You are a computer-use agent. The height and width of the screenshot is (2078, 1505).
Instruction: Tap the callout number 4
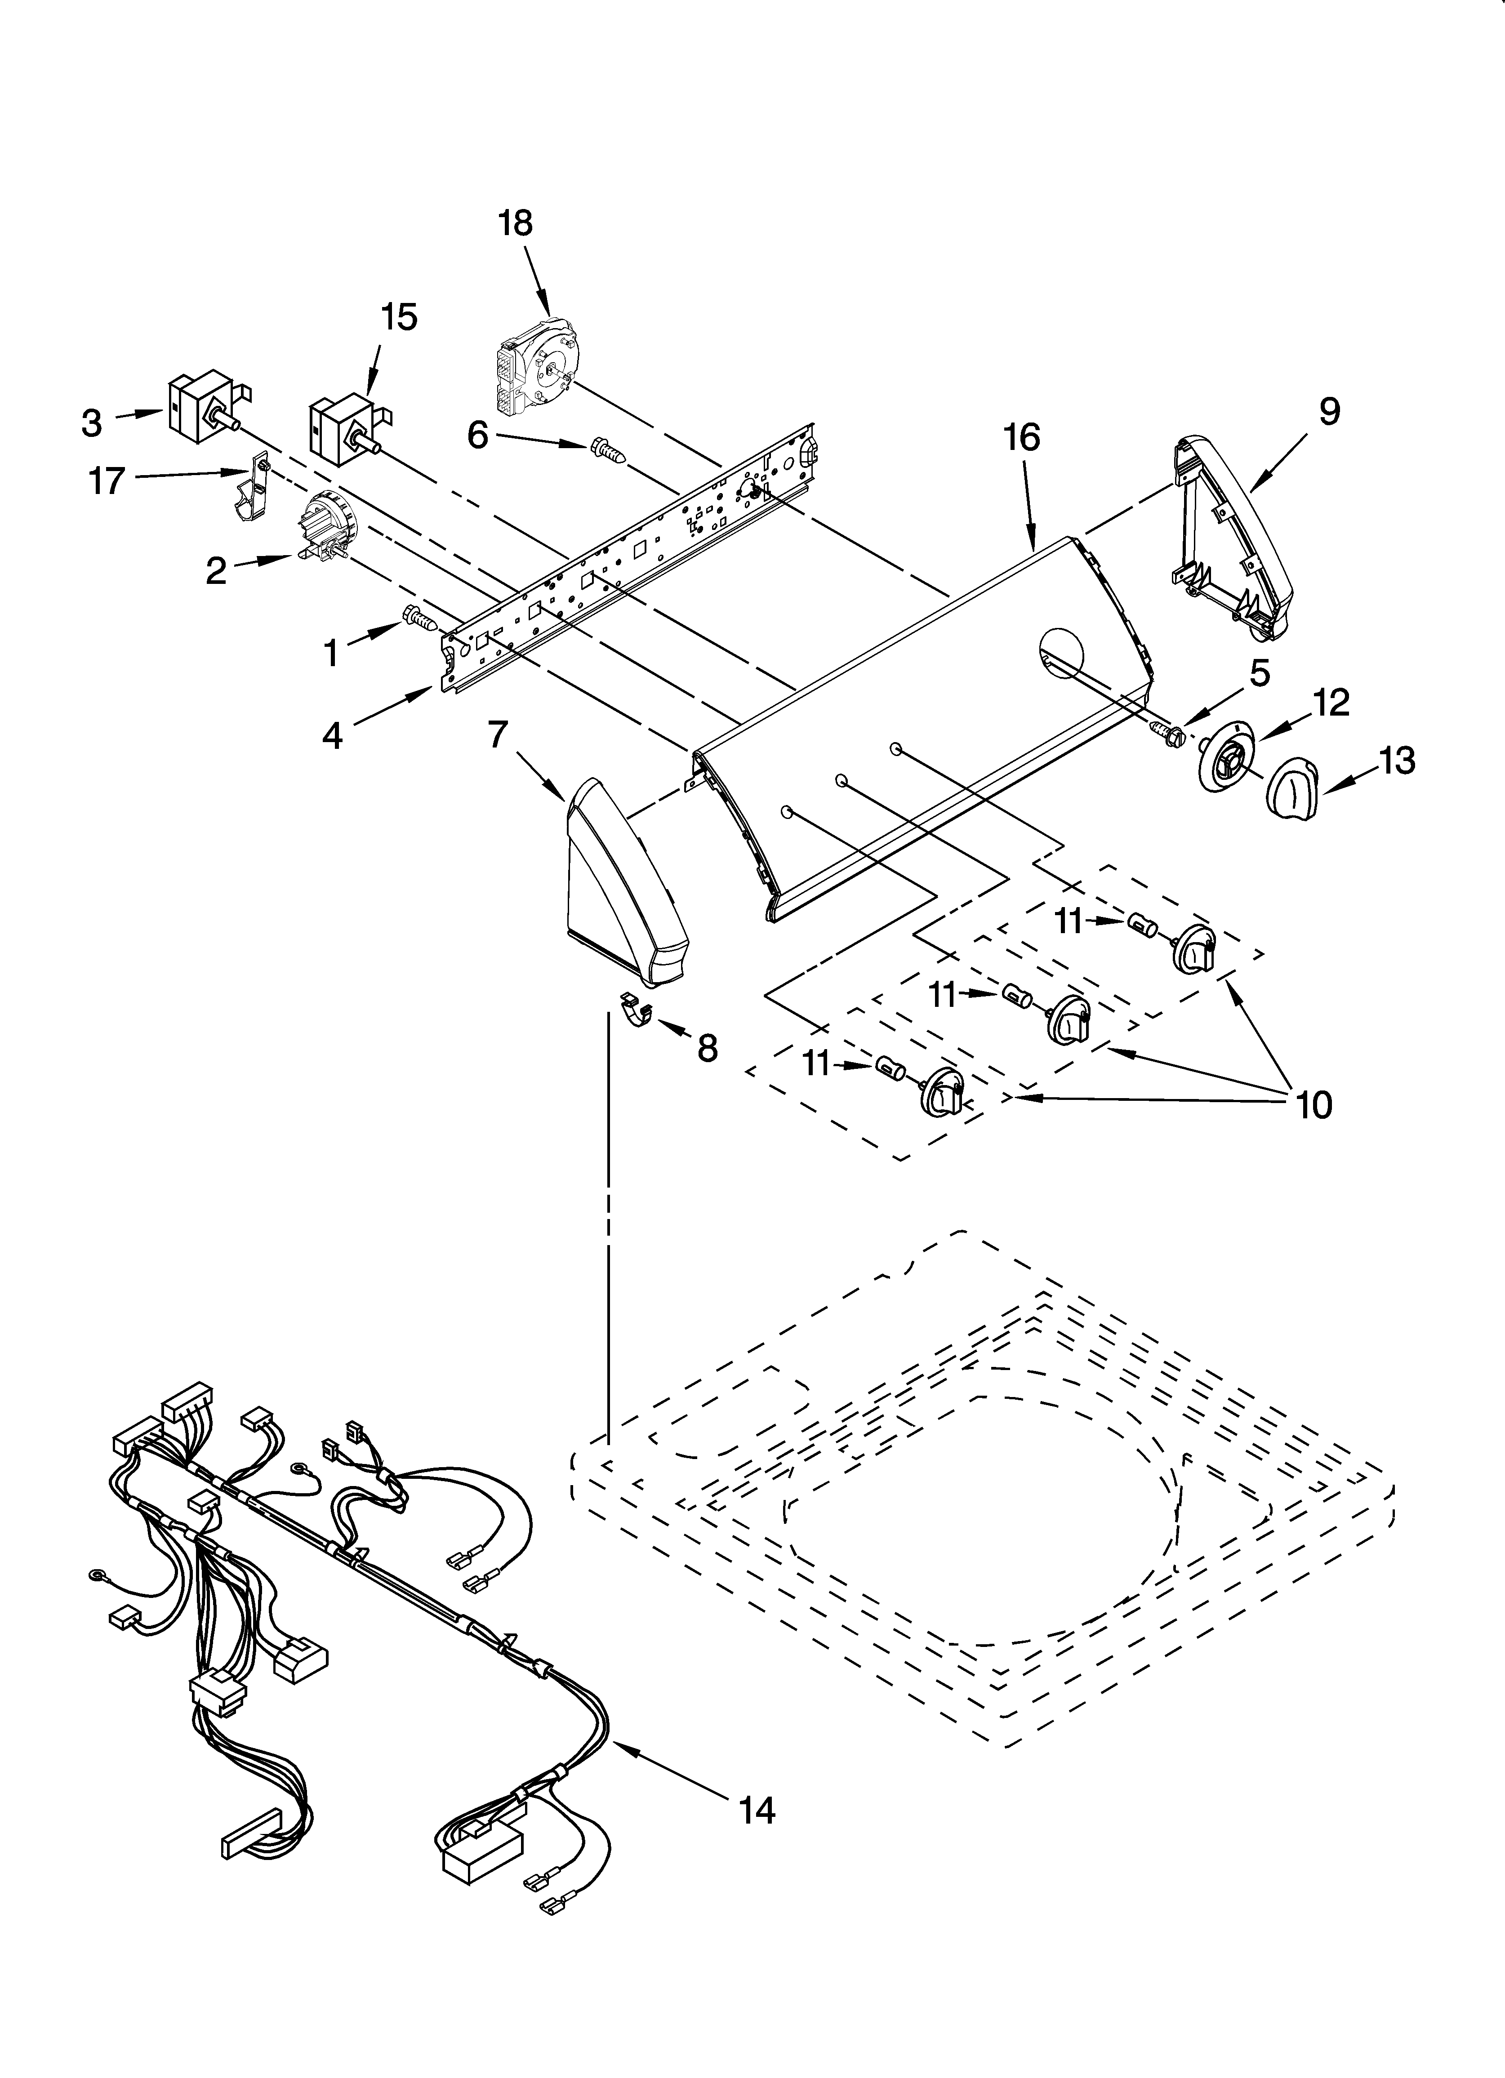[x=332, y=735]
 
